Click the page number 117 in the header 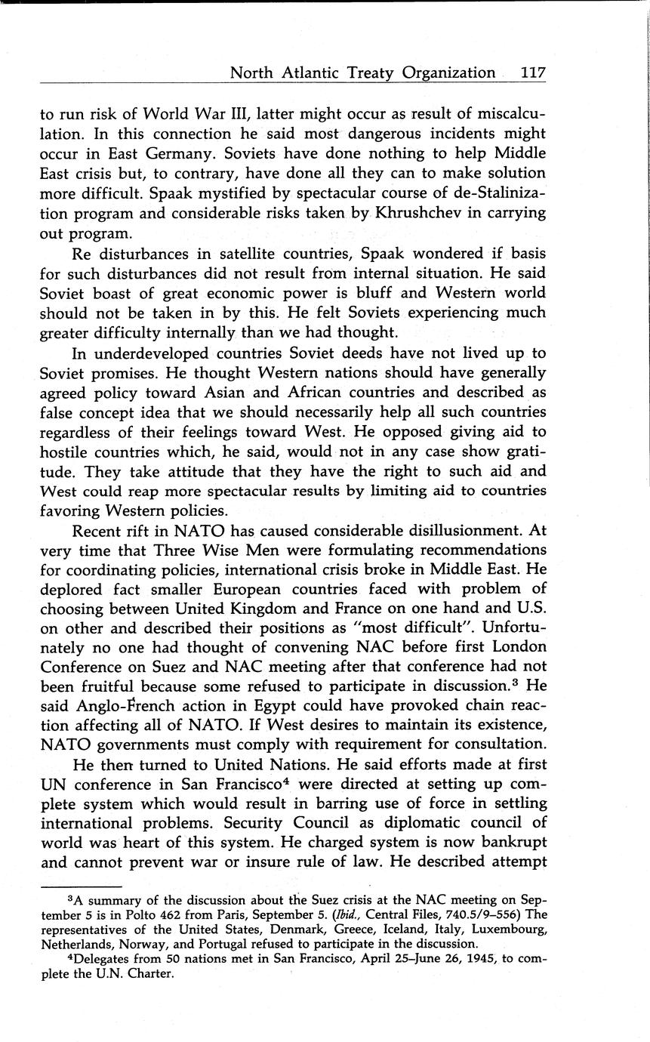tap(532, 73)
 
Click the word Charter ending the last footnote tap(151, 973)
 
